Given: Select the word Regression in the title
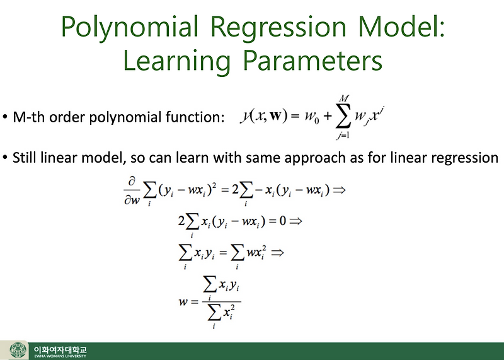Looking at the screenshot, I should pyautogui.click(x=276, y=28).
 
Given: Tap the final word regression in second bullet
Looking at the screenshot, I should pyautogui.click(x=463, y=157).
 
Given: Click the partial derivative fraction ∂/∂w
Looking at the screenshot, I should pyautogui.click(x=132, y=190).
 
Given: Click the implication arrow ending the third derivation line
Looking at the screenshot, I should pyautogui.click(x=276, y=252).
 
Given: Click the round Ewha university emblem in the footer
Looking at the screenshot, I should pyautogui.click(x=18, y=351).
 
